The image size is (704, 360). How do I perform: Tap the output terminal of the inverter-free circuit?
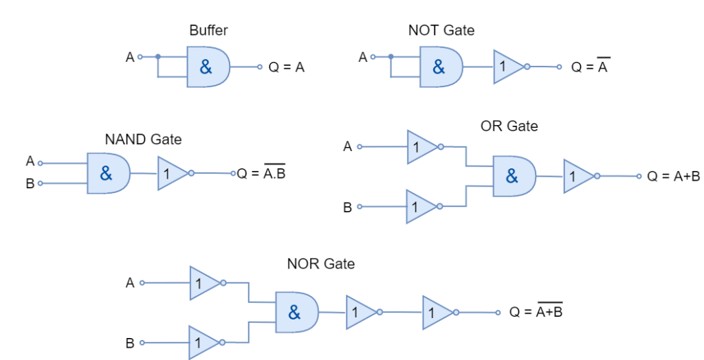pos(260,67)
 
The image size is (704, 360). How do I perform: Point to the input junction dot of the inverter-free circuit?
pos(158,56)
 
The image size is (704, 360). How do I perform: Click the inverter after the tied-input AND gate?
pos(508,67)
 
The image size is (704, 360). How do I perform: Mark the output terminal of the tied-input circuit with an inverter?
pos(559,67)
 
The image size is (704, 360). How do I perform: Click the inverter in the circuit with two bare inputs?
pos(171,173)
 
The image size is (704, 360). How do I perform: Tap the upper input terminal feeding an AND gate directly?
pos(40,164)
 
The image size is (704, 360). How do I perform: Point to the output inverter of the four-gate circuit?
pos(578,176)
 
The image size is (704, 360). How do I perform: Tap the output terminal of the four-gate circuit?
pos(639,176)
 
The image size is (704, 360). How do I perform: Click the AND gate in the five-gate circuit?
pos(296,313)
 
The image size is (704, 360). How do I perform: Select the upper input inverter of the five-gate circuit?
pos(203,282)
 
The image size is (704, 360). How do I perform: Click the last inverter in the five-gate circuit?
pos(437,313)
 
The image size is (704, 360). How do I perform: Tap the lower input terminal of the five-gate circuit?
pos(142,342)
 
